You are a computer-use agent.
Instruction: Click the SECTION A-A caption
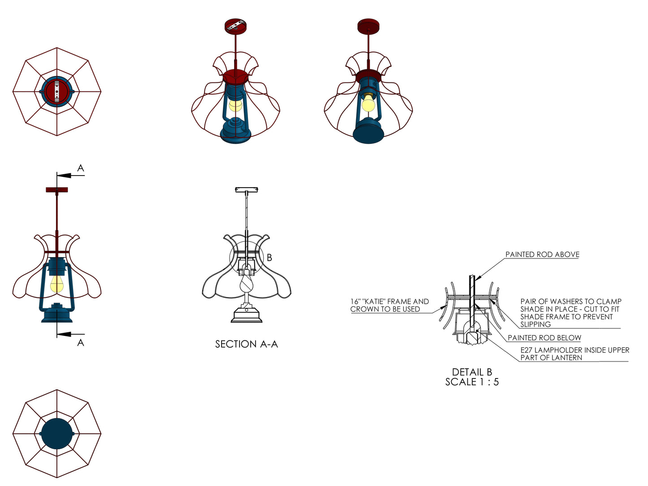pos(246,344)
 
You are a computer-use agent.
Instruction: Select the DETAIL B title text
pos(472,372)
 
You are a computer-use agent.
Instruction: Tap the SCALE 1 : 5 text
pos(472,382)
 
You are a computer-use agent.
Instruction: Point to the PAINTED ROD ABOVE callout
pos(542,254)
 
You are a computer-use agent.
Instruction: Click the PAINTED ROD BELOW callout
pos(544,338)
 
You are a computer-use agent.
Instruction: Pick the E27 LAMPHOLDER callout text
pos(574,353)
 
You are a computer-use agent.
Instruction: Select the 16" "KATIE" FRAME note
pos(389,305)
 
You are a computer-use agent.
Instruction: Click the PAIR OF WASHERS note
pos(570,313)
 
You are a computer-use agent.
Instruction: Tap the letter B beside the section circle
pos(270,258)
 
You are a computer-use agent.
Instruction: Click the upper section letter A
pos(81,168)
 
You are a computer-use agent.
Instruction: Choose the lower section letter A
pos(81,343)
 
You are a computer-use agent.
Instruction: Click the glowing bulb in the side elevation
pos(57,284)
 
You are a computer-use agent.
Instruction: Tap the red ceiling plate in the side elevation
pos(57,190)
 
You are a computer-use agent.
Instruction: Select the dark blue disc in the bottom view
pos(57,434)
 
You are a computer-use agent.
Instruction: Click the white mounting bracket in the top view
pos(57,91)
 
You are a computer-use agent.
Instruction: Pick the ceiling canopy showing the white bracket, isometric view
pos(235,26)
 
